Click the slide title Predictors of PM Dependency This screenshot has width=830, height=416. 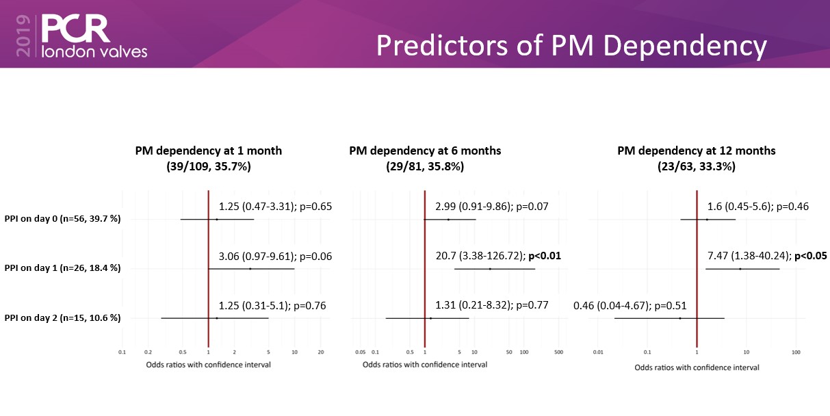click(571, 46)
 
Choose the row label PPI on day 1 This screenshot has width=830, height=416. click(62, 268)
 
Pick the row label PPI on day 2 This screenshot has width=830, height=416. click(62, 317)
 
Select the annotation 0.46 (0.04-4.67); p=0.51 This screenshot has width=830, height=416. click(630, 306)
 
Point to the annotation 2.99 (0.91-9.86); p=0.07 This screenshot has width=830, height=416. click(492, 207)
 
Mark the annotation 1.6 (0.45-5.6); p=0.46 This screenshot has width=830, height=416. click(758, 207)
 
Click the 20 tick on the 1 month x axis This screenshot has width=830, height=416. click(320, 352)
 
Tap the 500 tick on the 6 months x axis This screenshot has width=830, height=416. click(558, 352)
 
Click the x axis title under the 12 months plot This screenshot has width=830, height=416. click(697, 367)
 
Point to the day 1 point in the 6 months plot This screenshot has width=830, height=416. click(490, 269)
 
